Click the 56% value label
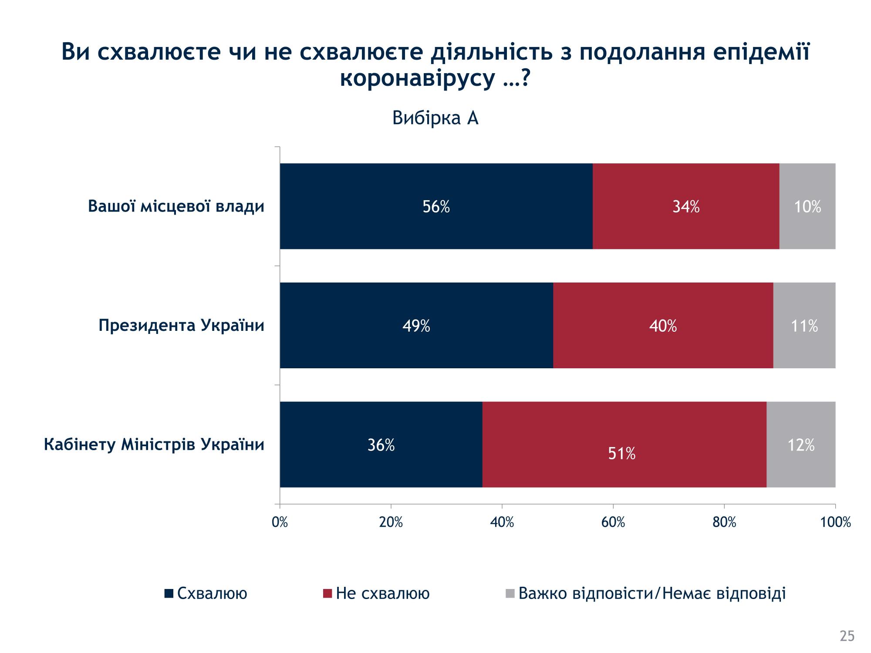[x=436, y=207]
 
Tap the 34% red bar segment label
[x=686, y=207]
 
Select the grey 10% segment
[x=807, y=207]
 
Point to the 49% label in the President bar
[x=416, y=326]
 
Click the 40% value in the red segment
[x=663, y=326]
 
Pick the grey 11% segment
[x=804, y=326]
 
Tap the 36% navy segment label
[x=381, y=445]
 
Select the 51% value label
[x=621, y=454]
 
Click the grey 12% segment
[x=801, y=445]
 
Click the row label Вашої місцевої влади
[x=176, y=206]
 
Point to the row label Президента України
[x=182, y=325]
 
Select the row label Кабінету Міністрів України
[x=154, y=444]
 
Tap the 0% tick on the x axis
[x=280, y=522]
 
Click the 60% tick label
[x=613, y=522]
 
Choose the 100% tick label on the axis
[x=835, y=522]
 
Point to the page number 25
[x=847, y=636]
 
